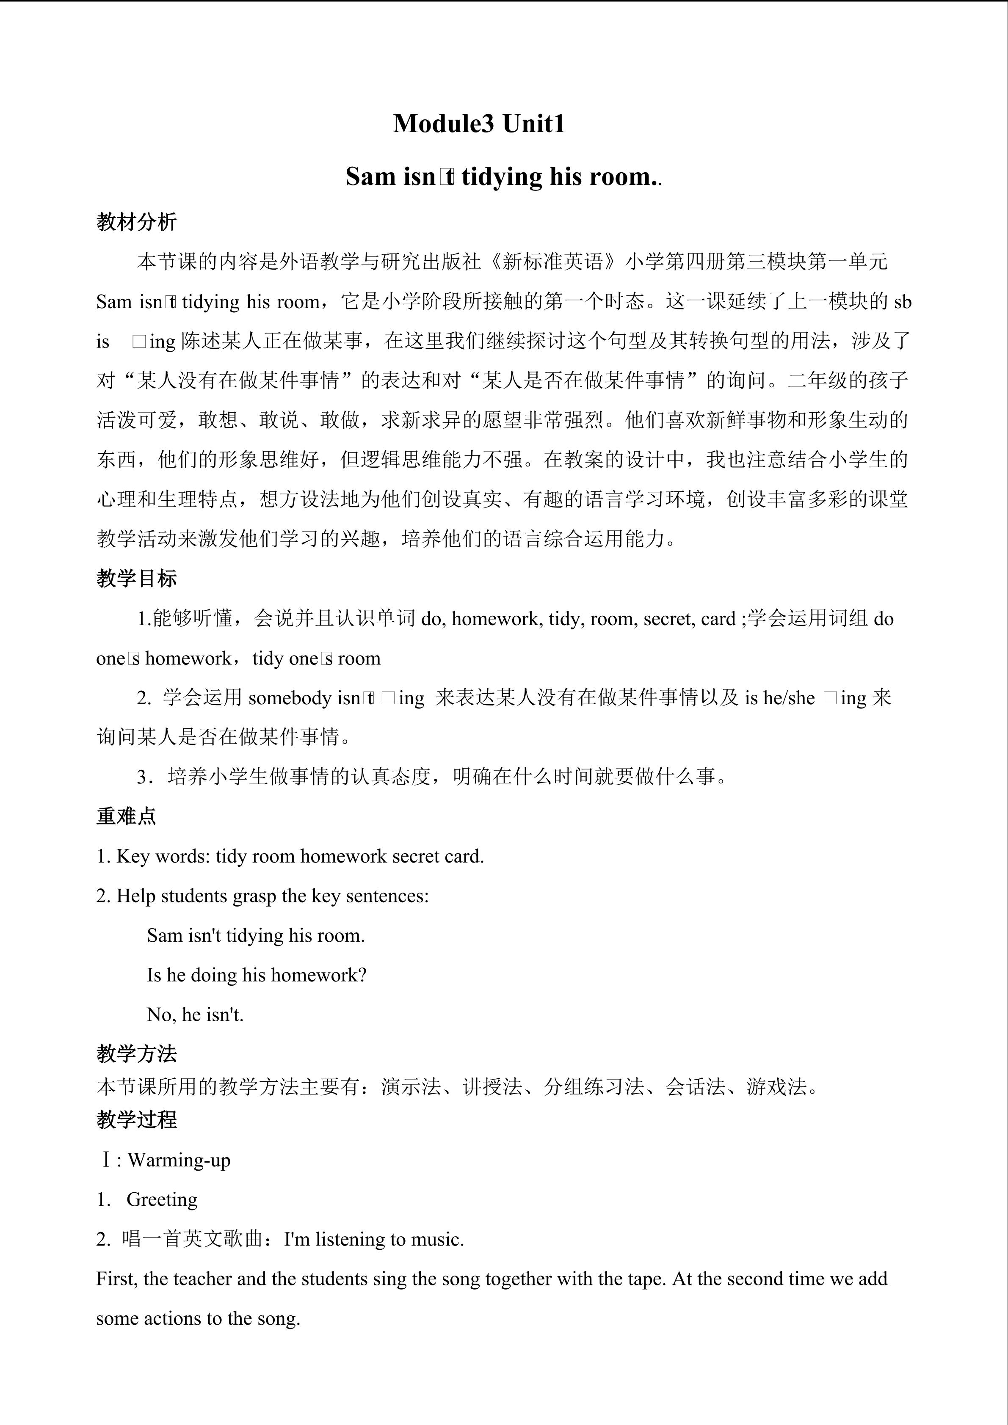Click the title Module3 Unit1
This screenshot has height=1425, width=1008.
(478, 124)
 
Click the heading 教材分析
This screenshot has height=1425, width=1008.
(137, 222)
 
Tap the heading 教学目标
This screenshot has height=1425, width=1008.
(137, 579)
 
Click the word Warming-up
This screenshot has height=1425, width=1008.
(179, 1160)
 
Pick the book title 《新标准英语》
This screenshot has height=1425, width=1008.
(553, 262)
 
